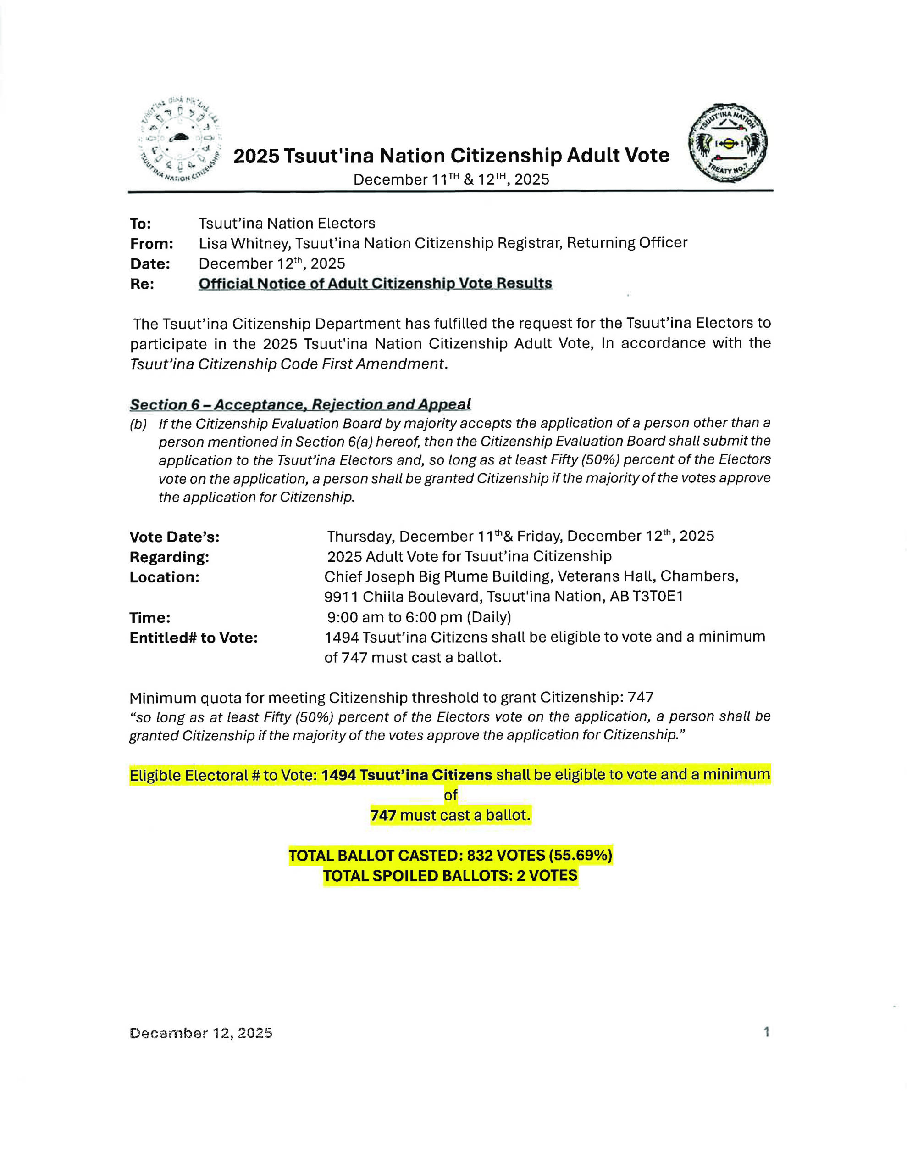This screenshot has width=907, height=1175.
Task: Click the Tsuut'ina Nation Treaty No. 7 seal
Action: [728, 143]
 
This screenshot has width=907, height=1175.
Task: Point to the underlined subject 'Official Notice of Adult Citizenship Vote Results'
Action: [375, 284]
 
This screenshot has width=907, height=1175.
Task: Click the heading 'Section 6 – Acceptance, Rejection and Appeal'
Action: [300, 404]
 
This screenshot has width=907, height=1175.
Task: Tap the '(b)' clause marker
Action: [138, 424]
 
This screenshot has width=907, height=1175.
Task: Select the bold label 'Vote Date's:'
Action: [174, 537]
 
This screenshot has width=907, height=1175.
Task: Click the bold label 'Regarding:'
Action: [169, 557]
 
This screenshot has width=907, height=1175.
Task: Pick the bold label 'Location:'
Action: [164, 577]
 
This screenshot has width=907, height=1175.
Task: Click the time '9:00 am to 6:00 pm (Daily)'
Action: [419, 616]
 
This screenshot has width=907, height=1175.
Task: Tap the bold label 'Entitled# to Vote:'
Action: [194, 638]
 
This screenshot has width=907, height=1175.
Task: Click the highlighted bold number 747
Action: [383, 815]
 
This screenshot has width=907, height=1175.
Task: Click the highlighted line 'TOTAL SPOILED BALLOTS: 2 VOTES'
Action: [450, 875]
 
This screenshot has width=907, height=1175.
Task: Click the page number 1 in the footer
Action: [766, 1031]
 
